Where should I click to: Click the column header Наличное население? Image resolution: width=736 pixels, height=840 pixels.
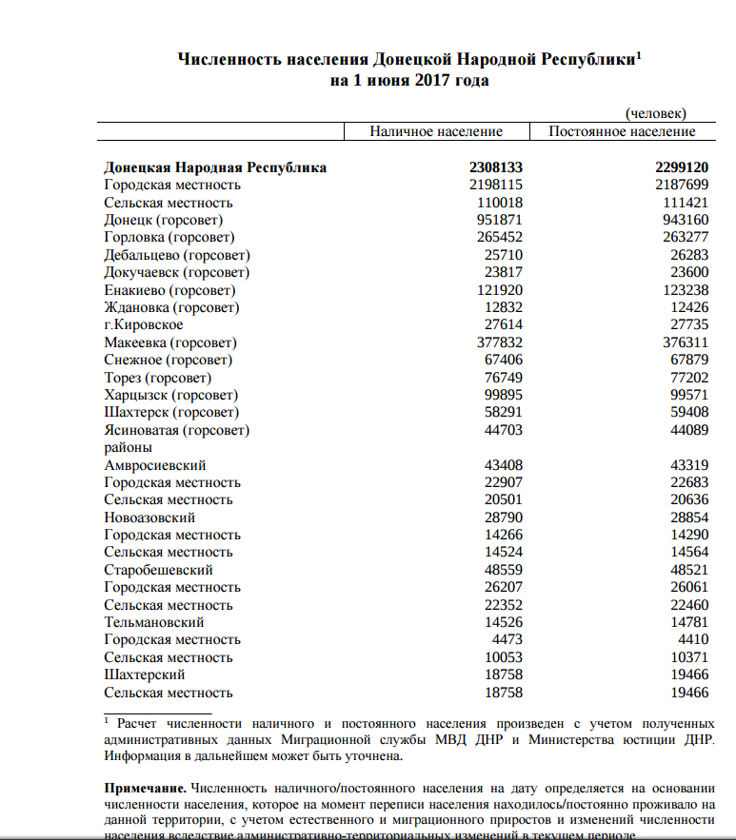[436, 131]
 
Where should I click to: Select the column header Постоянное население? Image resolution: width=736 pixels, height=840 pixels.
[622, 131]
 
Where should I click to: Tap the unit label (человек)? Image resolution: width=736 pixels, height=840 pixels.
[655, 114]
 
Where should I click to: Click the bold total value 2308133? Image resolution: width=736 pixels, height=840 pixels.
[495, 167]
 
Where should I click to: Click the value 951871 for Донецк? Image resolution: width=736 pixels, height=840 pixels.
[500, 220]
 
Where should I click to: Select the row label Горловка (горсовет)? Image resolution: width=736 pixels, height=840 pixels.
[169, 237]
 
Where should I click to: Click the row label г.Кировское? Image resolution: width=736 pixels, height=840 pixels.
[144, 324]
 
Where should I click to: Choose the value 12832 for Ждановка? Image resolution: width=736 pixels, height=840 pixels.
[504, 307]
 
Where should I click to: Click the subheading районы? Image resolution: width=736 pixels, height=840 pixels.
[129, 447]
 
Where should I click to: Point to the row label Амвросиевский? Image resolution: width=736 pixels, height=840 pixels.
[155, 465]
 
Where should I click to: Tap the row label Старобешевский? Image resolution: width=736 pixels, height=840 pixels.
[159, 570]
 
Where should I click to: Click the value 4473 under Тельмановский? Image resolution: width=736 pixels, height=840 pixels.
[507, 639]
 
